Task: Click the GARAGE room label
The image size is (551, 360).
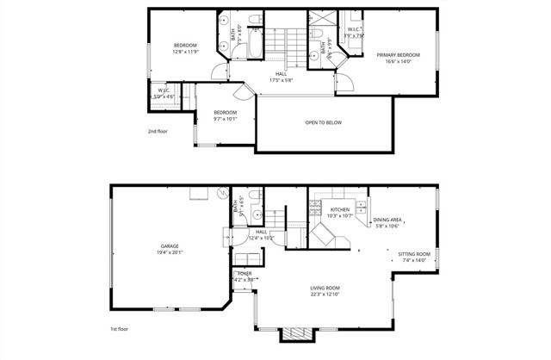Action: click(x=169, y=246)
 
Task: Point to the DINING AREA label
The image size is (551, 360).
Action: click(x=387, y=220)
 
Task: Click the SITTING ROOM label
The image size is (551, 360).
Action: click(x=414, y=254)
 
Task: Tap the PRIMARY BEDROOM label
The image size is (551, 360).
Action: click(x=398, y=54)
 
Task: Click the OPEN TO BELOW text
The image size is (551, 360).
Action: click(x=324, y=122)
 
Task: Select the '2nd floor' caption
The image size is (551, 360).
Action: click(x=158, y=132)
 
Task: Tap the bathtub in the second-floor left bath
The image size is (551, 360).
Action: click(x=257, y=46)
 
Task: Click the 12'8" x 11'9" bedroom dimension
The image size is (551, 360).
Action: click(x=185, y=52)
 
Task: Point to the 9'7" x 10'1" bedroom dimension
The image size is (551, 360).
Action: click(x=226, y=119)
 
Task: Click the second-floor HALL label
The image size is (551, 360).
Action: click(x=281, y=74)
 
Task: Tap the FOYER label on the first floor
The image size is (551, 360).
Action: click(x=245, y=273)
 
